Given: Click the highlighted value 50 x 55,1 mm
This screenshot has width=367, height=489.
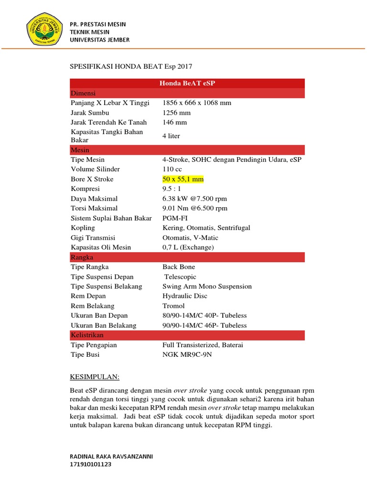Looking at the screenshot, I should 183,179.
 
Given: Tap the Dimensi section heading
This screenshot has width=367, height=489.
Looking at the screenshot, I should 83,93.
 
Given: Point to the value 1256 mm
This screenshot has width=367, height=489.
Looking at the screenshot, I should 176,113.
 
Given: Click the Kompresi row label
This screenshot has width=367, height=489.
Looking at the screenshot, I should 85,189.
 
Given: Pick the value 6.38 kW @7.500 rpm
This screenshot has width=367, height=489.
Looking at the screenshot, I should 194,199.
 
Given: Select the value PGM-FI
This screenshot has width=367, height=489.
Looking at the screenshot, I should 174,218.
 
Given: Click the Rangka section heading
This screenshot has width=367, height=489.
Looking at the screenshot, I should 82,257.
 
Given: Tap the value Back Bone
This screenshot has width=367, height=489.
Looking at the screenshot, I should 179,267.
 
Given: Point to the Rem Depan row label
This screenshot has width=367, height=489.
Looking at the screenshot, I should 89,296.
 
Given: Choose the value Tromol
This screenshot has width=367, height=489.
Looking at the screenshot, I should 173,306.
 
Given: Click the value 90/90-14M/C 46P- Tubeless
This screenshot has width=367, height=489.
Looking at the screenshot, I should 205,325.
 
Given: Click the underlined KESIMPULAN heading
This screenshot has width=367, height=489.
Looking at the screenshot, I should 94,377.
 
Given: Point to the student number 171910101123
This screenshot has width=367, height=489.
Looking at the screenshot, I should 91,464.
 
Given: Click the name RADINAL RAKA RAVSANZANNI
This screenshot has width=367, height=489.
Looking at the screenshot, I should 111,456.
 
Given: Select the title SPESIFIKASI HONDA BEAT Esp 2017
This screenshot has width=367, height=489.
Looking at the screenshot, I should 130,66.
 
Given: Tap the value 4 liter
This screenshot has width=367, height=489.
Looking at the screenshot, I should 171,136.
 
